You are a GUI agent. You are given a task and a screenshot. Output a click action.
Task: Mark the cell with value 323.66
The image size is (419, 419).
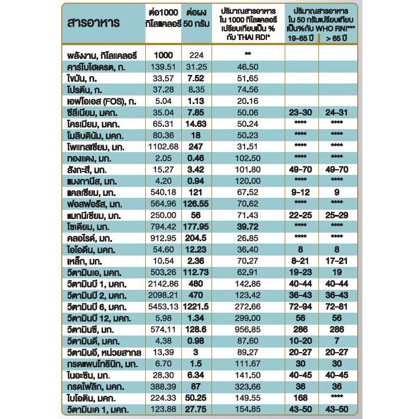(248, 386)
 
